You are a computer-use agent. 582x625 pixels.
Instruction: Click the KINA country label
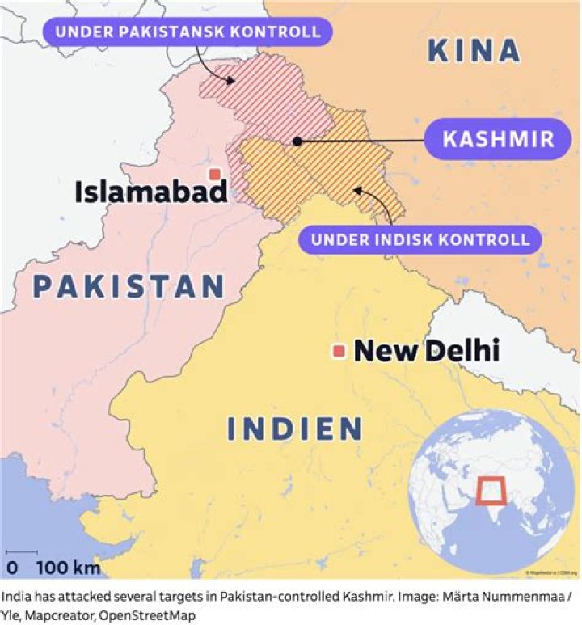click(474, 51)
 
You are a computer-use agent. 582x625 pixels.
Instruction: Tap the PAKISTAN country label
click(129, 287)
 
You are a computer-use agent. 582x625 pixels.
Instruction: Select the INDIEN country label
click(294, 429)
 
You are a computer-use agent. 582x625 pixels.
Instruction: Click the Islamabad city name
click(150, 192)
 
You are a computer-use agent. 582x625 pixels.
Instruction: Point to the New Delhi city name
click(426, 351)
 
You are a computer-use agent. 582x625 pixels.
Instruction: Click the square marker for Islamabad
click(214, 174)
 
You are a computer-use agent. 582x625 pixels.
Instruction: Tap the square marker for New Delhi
click(339, 351)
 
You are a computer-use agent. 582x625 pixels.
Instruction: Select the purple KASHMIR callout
click(497, 138)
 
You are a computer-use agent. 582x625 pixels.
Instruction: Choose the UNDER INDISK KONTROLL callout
click(420, 239)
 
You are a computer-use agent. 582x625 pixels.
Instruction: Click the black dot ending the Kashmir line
click(297, 141)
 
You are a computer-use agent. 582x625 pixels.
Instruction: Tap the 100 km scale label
click(68, 567)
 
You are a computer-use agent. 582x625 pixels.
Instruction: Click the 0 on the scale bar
click(12, 567)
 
